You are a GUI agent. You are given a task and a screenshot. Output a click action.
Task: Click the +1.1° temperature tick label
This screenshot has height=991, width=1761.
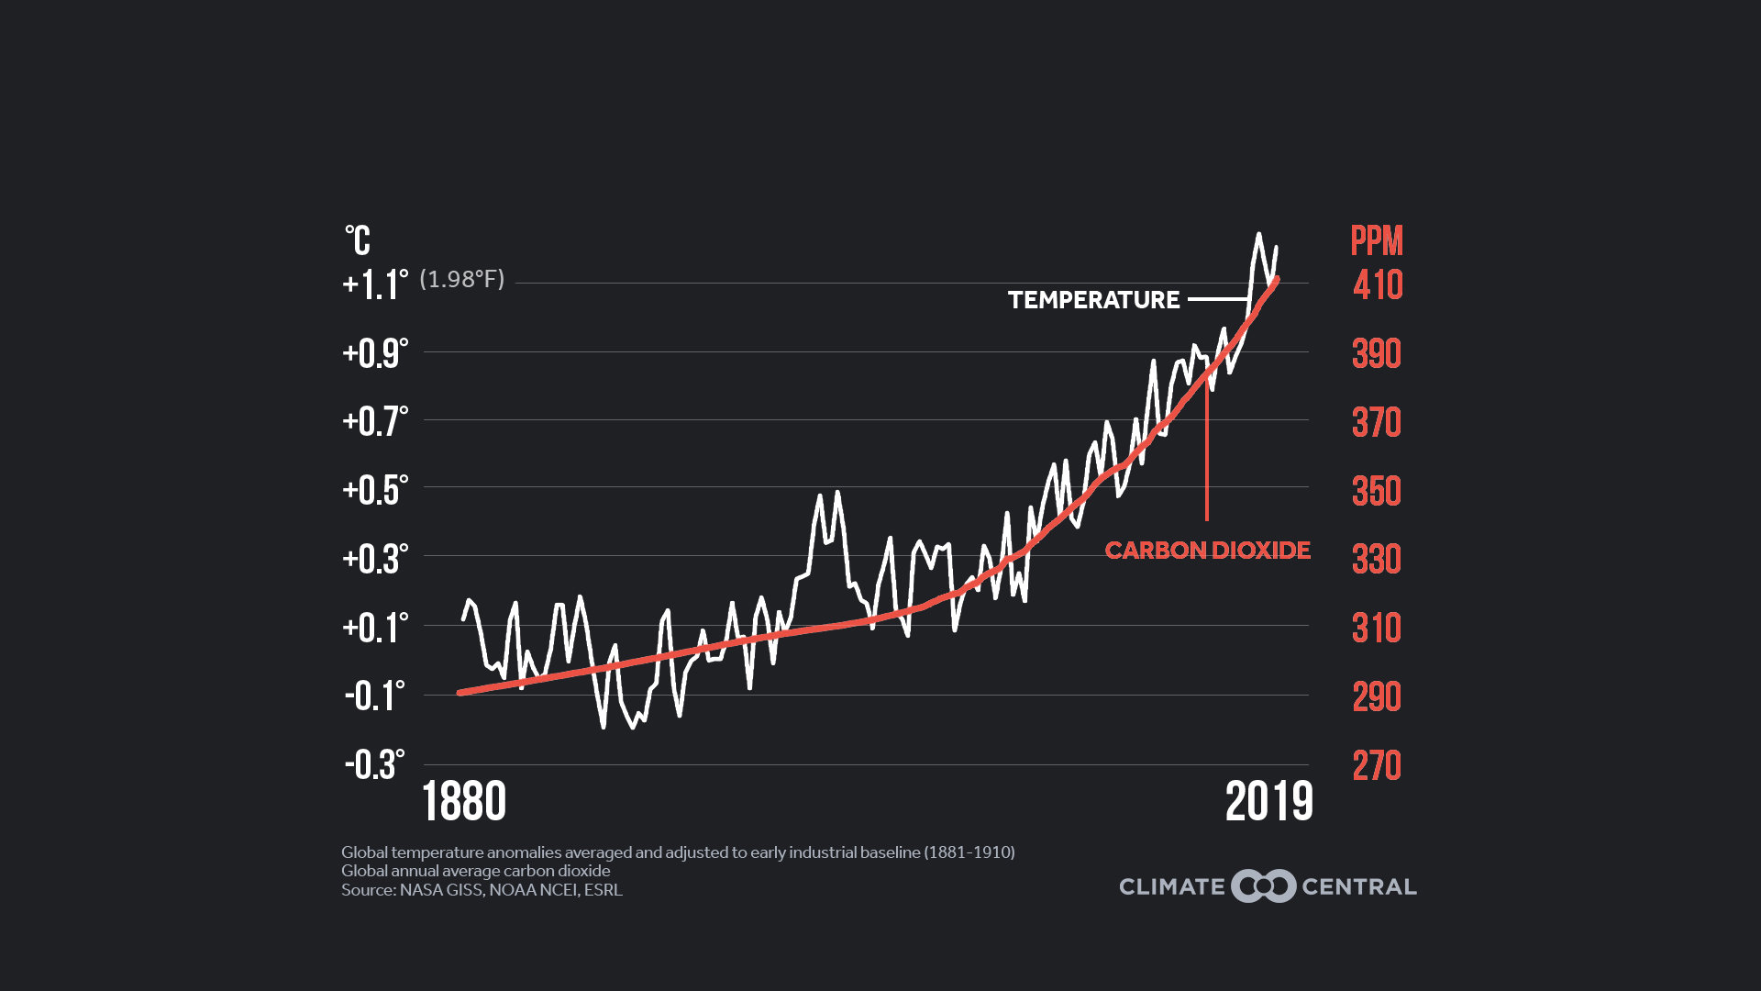pos(374,284)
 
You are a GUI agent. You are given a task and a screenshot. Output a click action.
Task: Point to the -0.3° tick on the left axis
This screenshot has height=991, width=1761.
pos(374,764)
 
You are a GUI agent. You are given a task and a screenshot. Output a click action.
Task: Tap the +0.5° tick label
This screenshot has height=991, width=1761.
pos(374,490)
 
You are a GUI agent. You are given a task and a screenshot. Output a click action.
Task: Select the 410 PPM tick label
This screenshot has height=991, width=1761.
pos(1378,284)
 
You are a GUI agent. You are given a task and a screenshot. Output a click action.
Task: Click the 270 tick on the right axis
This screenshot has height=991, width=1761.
pos(1377,765)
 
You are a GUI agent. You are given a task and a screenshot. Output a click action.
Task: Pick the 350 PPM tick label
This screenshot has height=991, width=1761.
pos(1377,491)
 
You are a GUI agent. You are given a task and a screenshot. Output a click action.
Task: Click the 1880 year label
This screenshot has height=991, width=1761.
pos(464,801)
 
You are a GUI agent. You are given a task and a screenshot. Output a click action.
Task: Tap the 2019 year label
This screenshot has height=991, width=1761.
pos(1269,801)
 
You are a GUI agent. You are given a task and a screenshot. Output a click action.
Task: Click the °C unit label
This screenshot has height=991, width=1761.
pos(358,240)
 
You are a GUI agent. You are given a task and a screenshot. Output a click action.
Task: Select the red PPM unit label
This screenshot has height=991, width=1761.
pos(1377,240)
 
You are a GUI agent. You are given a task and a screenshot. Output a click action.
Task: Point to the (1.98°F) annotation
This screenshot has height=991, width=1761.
pos(461,279)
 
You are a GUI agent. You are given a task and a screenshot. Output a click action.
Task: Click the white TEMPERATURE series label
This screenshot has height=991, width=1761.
pos(1093,300)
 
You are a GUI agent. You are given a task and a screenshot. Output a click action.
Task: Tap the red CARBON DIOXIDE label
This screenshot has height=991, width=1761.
pos(1207,551)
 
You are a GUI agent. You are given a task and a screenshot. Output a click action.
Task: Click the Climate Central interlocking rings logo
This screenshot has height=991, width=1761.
pos(1263,886)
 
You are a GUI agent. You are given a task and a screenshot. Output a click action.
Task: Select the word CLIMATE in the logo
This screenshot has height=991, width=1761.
pos(1172,887)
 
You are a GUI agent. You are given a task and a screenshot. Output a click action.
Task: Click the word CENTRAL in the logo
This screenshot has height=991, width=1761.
pos(1359,887)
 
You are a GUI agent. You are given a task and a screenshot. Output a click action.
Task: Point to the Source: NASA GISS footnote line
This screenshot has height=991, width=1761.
pos(482,890)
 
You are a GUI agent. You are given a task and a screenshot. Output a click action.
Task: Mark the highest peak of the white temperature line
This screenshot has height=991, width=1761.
pos(1258,234)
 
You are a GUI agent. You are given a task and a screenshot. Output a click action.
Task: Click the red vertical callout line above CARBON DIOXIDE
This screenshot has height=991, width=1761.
pos(1207,459)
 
